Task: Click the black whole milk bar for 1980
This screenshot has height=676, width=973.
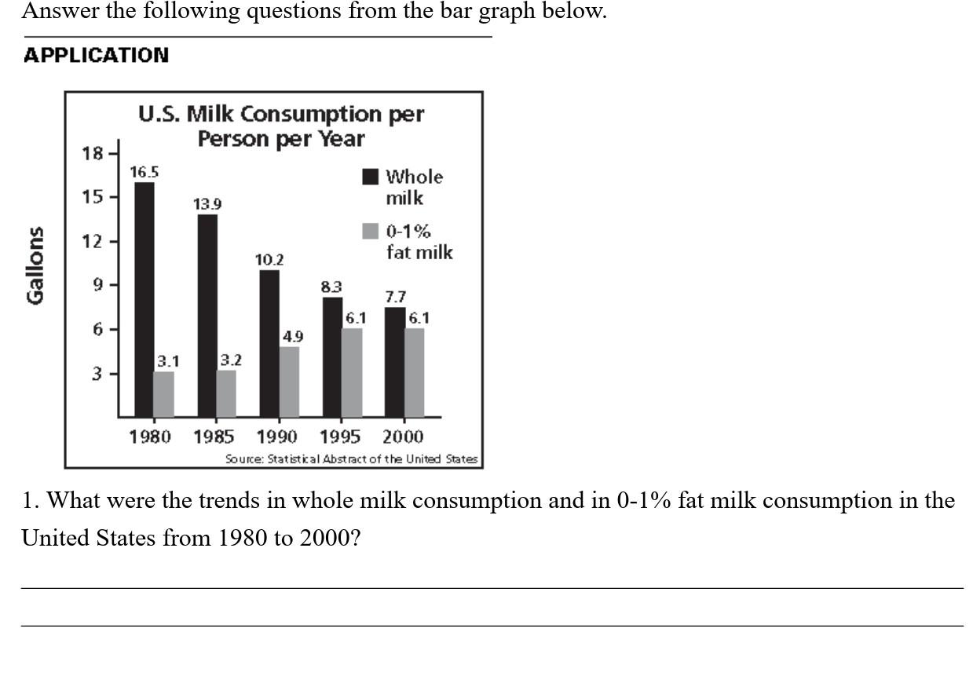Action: (x=144, y=298)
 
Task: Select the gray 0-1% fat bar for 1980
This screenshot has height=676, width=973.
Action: (x=163, y=394)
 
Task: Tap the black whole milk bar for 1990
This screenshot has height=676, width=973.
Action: (x=269, y=343)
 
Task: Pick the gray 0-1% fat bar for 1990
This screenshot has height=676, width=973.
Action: (x=289, y=382)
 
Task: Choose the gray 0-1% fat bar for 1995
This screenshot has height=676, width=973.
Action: (x=352, y=372)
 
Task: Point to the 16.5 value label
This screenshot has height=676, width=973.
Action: (x=144, y=171)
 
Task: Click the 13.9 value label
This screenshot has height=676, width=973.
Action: (x=207, y=204)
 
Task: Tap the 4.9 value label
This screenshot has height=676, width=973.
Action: (x=292, y=336)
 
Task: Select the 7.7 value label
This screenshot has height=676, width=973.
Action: (x=395, y=297)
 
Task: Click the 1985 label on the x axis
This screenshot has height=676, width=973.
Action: (x=214, y=437)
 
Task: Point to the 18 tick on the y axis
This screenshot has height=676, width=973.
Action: (x=93, y=153)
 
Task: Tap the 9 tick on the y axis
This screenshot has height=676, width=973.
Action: (x=98, y=285)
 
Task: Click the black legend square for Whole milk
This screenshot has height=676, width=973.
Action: (x=371, y=177)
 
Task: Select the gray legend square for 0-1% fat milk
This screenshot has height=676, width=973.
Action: (x=371, y=231)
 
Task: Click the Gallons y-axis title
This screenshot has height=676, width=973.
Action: (x=35, y=265)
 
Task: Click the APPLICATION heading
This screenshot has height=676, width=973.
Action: (x=96, y=56)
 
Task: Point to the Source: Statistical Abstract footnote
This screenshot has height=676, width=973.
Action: (x=351, y=459)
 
